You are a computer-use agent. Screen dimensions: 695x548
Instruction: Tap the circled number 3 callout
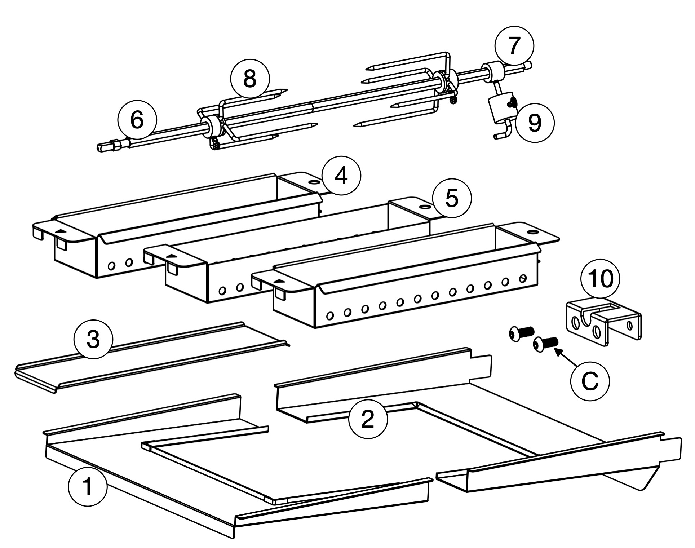[x=93, y=340]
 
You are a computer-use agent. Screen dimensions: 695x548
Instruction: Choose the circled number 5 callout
[x=452, y=199]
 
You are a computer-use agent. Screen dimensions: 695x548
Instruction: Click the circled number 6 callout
[x=137, y=120]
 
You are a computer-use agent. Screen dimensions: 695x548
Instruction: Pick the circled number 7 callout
[x=514, y=45]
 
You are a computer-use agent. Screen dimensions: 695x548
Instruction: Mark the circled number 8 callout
[x=250, y=79]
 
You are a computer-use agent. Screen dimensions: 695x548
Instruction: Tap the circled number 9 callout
[x=535, y=123]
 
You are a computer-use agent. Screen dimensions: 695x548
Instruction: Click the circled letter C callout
[x=590, y=381]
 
